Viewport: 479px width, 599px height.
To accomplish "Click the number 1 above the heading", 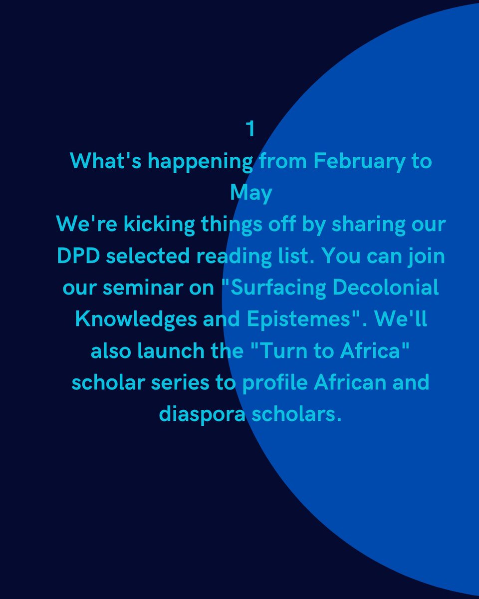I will coord(250,129).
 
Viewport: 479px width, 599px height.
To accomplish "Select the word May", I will coord(251,193).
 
